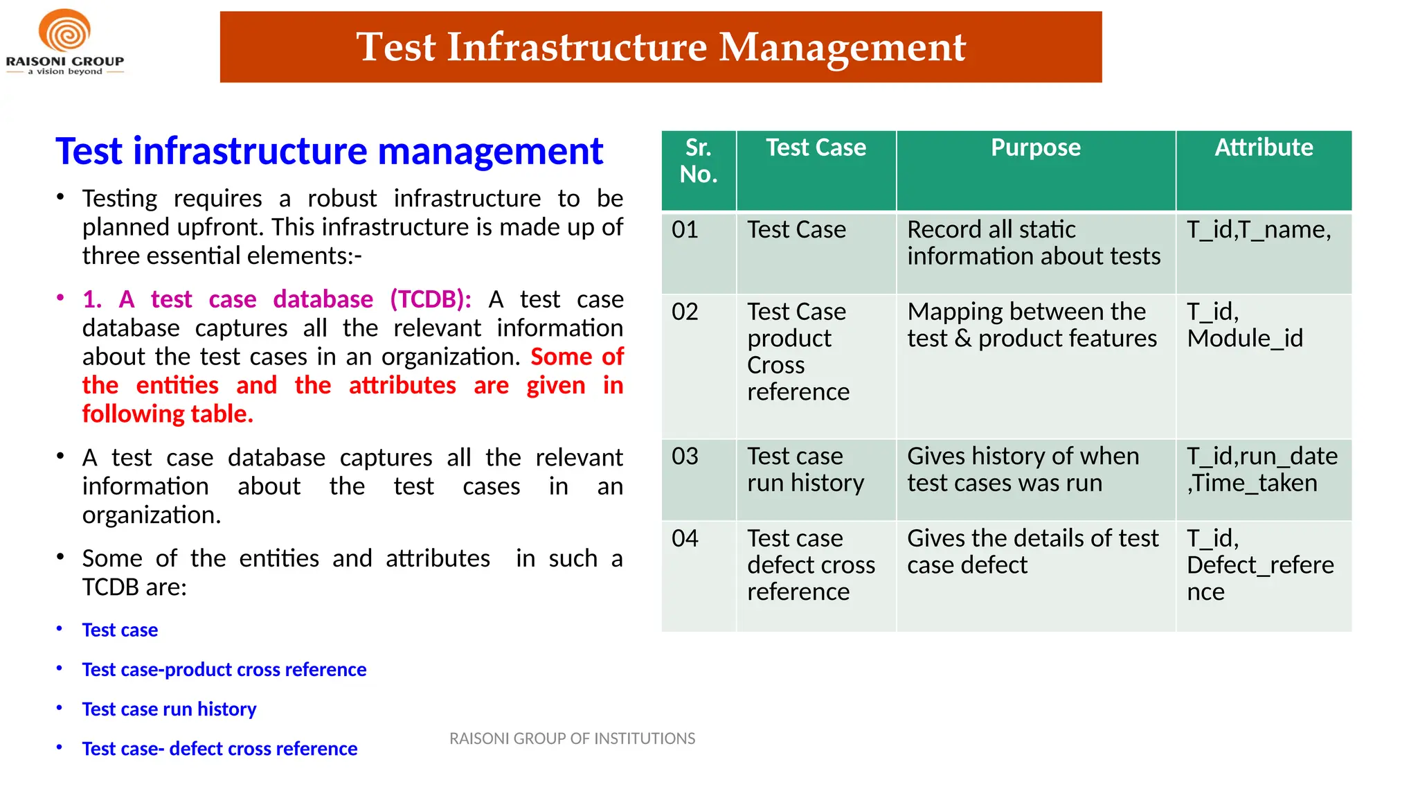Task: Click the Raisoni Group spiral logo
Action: coord(64,31)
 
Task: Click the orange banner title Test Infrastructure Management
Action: coord(661,47)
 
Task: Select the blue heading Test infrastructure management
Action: coord(329,151)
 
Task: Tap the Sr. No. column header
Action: coord(698,161)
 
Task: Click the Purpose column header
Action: coord(1035,148)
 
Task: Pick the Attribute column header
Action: coord(1263,148)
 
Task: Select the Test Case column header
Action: coord(816,148)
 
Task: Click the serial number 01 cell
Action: coord(685,230)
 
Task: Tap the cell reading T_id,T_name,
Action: coord(1258,230)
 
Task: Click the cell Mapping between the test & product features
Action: coord(1031,325)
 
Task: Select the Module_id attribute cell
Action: coord(1244,338)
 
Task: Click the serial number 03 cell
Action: coord(685,456)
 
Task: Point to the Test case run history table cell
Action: coord(805,470)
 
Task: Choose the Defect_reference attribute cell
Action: coord(1259,565)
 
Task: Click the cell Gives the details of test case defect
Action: coord(1032,551)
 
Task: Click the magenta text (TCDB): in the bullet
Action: coord(430,299)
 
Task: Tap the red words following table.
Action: coord(167,414)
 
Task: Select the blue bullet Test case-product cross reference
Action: coord(224,670)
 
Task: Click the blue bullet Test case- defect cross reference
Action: coord(219,749)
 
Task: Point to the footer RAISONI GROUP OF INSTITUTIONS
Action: coord(572,739)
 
